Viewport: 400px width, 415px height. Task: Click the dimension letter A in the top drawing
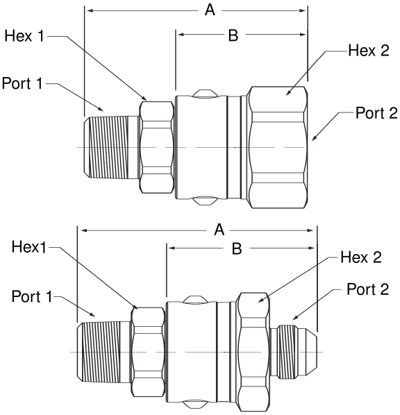[x=210, y=10]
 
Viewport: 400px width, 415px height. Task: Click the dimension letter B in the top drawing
[x=233, y=35]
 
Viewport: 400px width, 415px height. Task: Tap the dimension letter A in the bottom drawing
[x=219, y=230]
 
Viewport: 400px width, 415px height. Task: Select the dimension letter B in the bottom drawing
[x=237, y=248]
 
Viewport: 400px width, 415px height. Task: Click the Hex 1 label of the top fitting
[x=24, y=35]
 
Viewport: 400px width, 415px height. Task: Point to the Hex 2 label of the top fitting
[x=369, y=50]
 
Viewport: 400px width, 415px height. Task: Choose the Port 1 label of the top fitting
[x=22, y=83]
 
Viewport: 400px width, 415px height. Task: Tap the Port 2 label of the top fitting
[x=376, y=113]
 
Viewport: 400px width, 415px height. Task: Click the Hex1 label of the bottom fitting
[x=29, y=247]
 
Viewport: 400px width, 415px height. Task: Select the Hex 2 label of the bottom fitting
[x=361, y=257]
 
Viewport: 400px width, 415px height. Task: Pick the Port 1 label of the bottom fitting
[x=32, y=296]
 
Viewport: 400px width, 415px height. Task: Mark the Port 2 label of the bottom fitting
[x=368, y=289]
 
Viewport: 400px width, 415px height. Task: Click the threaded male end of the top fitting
[x=112, y=147]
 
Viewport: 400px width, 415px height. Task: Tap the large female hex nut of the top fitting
[x=277, y=147]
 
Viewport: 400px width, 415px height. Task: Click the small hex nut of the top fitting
[x=156, y=147]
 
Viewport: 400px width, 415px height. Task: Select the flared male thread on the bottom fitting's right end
[x=294, y=351]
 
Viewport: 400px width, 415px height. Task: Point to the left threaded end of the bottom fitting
[x=104, y=352]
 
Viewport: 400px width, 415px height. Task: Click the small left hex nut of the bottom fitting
[x=148, y=352]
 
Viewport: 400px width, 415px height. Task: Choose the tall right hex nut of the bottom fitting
[x=253, y=353]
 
